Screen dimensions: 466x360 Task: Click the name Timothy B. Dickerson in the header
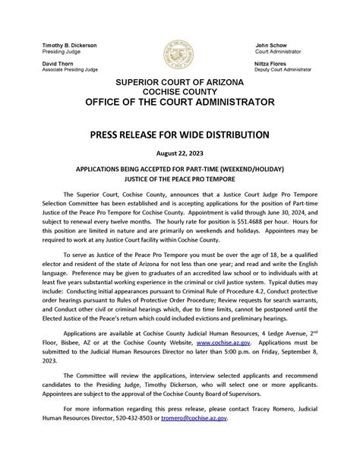[x=70, y=46]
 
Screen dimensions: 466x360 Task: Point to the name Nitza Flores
[x=273, y=63]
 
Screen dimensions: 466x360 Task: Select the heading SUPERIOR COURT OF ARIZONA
[x=179, y=82]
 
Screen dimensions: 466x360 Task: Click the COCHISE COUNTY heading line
[x=179, y=91]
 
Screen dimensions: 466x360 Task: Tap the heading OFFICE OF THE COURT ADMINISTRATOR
[x=179, y=102]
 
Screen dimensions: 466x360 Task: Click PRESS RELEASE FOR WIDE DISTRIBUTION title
[x=179, y=135]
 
